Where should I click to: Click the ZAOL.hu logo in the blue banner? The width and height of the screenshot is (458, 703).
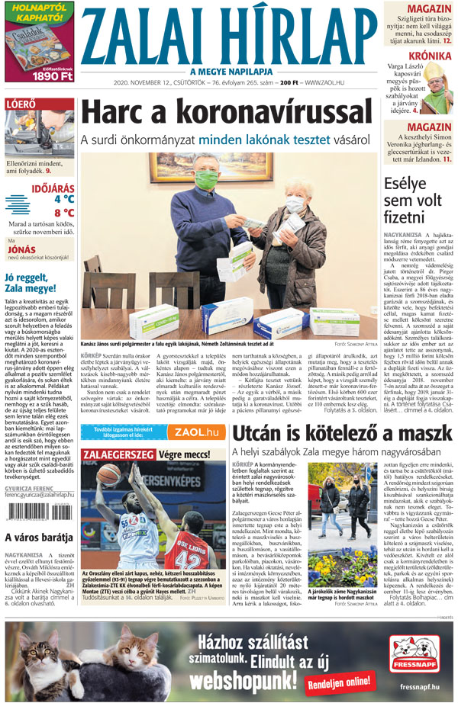click(195, 432)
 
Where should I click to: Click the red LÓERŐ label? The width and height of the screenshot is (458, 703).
click(20, 104)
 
